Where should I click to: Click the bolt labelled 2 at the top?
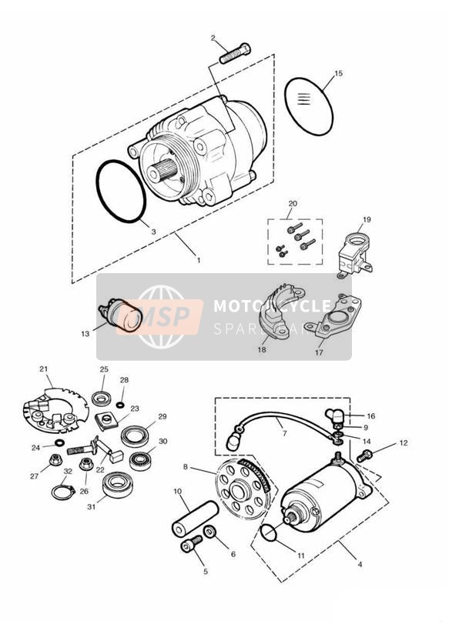234,54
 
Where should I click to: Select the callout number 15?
338,74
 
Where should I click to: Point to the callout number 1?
198,260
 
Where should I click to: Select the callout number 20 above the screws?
293,205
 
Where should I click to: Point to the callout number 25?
104,369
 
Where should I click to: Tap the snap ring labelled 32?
62,490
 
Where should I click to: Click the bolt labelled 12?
367,456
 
